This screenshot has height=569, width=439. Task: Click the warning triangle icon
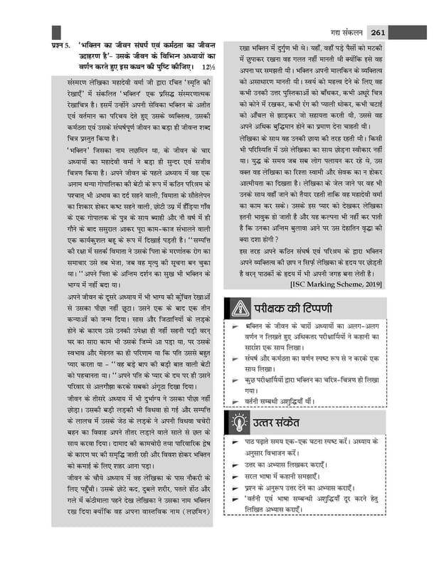point(237,308)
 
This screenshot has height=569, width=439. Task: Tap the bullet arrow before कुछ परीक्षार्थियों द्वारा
point(234,381)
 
